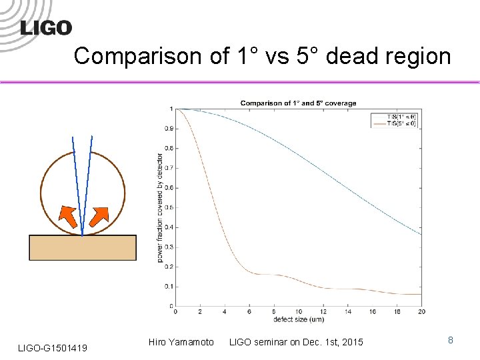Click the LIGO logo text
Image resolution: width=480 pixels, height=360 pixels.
[x=46, y=27]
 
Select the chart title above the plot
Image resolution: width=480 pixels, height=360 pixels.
[x=298, y=103]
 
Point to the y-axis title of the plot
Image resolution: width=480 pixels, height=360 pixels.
[x=161, y=207]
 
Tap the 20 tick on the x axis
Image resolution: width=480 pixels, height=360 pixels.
[x=421, y=311]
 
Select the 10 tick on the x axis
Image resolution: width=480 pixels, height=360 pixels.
[x=298, y=311]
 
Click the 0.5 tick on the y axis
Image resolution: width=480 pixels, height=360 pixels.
[x=169, y=207]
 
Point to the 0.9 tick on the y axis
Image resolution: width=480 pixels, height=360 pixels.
[x=169, y=129]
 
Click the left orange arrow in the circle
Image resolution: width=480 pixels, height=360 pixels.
[x=66, y=216]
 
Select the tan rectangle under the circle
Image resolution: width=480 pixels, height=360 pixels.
[x=83, y=247]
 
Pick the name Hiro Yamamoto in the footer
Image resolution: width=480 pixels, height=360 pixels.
[x=182, y=342]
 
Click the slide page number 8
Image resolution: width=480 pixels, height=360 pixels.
[x=451, y=340]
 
